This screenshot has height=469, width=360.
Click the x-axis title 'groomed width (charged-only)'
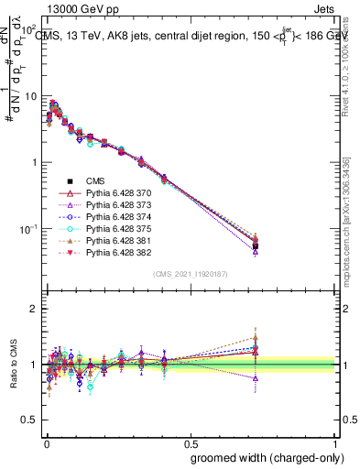tap(263, 457)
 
